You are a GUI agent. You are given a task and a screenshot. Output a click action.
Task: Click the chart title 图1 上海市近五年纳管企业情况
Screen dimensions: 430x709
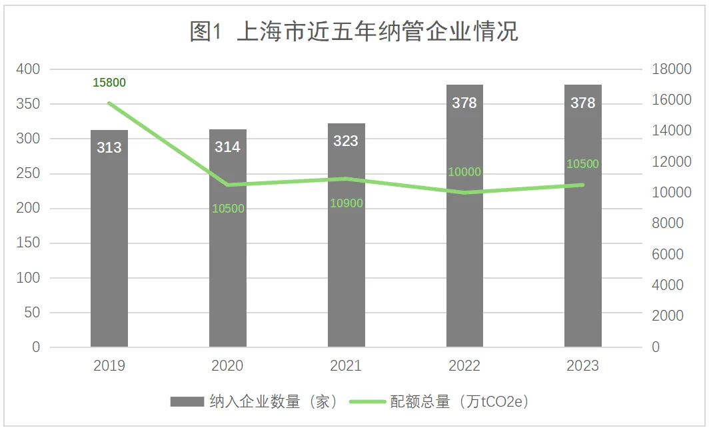[354, 31]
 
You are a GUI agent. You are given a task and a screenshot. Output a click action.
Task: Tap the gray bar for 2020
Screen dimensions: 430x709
[228, 267]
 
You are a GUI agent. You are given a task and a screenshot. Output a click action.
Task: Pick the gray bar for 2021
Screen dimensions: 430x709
[347, 267]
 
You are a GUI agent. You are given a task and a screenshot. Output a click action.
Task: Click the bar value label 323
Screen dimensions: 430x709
[347, 141]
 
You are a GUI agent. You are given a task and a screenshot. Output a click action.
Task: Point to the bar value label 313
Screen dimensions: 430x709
[109, 147]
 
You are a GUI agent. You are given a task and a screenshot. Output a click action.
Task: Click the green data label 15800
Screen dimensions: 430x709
[109, 83]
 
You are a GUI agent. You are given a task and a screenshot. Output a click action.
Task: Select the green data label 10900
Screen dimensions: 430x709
[347, 203]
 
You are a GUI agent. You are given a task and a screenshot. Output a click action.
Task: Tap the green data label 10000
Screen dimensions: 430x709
[464, 172]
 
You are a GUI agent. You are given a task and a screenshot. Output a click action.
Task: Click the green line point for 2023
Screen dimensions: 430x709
[583, 185]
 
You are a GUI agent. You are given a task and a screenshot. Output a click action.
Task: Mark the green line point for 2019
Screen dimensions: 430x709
[109, 103]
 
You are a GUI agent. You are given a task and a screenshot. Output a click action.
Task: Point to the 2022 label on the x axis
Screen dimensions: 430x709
[464, 366]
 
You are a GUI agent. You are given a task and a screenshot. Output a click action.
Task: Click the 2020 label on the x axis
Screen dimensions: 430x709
[228, 366]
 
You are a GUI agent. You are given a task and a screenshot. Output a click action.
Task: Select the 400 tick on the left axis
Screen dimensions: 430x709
[28, 69]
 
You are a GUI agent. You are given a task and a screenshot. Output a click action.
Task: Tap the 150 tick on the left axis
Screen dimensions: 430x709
[28, 243]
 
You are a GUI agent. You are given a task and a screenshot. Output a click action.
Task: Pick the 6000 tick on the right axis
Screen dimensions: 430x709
[668, 255]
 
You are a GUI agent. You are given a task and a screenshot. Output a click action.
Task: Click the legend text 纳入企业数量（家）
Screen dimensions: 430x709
[273, 401]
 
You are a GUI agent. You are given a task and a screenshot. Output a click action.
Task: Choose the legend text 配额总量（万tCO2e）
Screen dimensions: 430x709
[460, 401]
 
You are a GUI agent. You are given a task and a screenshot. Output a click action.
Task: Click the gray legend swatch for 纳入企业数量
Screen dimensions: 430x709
[187, 401]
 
